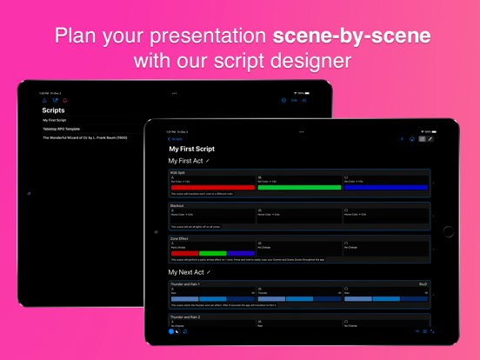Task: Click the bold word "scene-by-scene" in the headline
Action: (x=351, y=37)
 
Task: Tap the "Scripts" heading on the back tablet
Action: (x=53, y=110)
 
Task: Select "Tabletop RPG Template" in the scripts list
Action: (x=61, y=129)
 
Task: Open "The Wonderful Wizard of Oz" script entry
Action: (x=84, y=137)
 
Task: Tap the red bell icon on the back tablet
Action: (x=64, y=101)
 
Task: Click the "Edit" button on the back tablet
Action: (x=294, y=101)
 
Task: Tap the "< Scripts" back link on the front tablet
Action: (x=175, y=139)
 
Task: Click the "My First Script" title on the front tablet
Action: (x=191, y=150)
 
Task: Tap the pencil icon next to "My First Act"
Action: (x=208, y=161)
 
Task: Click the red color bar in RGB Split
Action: (x=212, y=187)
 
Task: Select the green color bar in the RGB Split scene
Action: (x=299, y=187)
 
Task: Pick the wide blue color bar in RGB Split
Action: (x=385, y=187)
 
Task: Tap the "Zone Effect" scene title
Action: (x=180, y=237)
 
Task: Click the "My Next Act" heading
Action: (x=186, y=272)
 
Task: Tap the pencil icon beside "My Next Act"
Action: (x=209, y=272)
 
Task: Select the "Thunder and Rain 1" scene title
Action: (x=185, y=284)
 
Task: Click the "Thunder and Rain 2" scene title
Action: (x=185, y=317)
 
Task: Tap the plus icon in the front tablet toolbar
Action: (x=402, y=139)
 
